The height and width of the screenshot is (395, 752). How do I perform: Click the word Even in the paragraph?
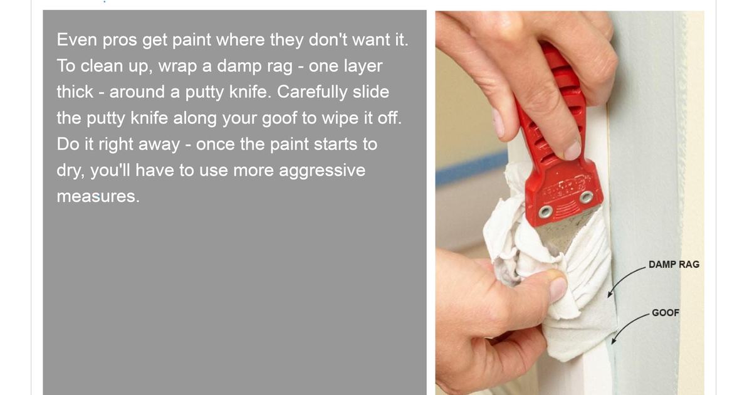pyautogui.click(x=77, y=39)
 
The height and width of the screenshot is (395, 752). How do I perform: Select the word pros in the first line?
pyautogui.click(x=120, y=40)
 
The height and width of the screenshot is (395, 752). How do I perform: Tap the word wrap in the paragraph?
pyautogui.click(x=177, y=66)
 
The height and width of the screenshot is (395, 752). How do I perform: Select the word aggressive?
pyautogui.click(x=322, y=171)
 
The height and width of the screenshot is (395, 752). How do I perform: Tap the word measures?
pyautogui.click(x=98, y=196)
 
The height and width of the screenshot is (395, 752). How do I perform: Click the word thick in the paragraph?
pyautogui.click(x=75, y=92)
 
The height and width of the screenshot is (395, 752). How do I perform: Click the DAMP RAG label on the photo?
pyautogui.click(x=674, y=265)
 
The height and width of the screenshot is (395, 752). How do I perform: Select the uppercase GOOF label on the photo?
pyautogui.click(x=666, y=313)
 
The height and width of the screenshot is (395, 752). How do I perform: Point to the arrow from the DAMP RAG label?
pyautogui.click(x=624, y=280)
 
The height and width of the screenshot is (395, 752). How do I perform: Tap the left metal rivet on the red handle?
pyautogui.click(x=546, y=212)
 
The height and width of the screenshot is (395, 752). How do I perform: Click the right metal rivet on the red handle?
pyautogui.click(x=586, y=197)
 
